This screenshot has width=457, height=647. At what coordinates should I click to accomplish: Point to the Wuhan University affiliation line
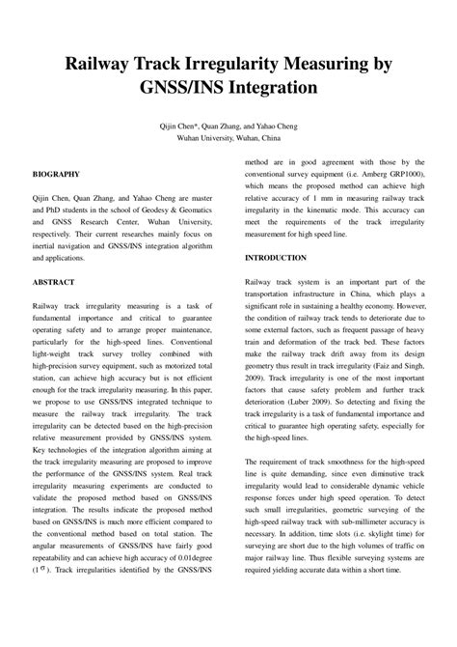coord(228,139)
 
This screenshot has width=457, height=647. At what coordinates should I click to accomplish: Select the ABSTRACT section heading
coord(54,282)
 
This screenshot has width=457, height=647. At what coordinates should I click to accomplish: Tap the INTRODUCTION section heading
coord(276,258)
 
